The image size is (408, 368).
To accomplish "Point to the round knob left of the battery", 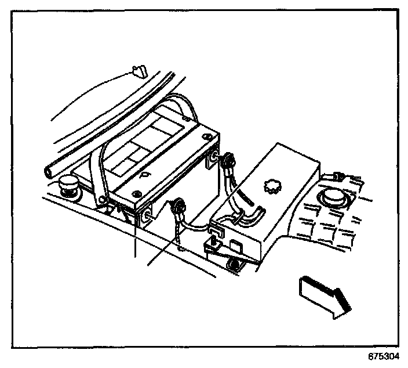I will pyautogui.click(x=69, y=187).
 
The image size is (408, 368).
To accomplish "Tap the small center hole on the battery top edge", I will pyautogui.click(x=143, y=174).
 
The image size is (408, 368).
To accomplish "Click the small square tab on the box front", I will pyautogui.click(x=235, y=246).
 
